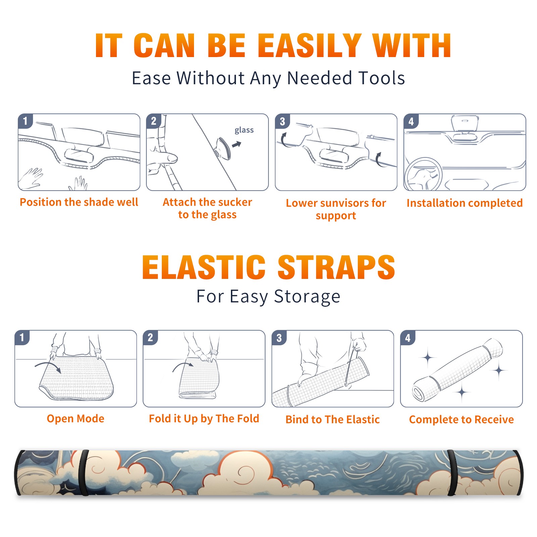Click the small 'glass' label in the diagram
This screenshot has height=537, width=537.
coord(244,130)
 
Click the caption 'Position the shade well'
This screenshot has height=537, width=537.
coord(79,202)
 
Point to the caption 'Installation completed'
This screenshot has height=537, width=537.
coord(465,203)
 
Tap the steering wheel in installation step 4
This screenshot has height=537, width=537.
coord(423,175)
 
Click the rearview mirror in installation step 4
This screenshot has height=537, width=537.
coord(465,125)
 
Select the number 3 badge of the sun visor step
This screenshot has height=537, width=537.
coord(282,121)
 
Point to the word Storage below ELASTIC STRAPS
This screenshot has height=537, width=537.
coord(307,297)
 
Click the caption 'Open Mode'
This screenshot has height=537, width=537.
coord(76,419)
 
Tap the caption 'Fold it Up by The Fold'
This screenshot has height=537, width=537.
coord(204,419)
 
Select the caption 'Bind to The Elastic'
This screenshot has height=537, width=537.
coord(333,420)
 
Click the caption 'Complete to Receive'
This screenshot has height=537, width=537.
coord(461,420)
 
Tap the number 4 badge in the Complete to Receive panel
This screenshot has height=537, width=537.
coord(408,338)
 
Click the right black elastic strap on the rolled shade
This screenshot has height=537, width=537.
coord(452,473)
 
